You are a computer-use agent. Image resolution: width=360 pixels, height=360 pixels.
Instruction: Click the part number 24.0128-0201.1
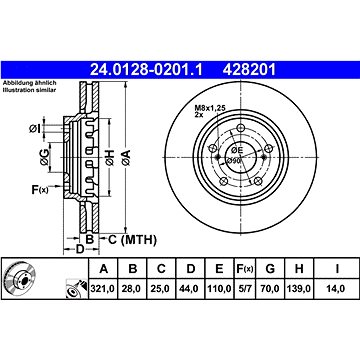pos(146,70)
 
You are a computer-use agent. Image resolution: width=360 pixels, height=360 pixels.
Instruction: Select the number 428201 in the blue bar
pos(250,70)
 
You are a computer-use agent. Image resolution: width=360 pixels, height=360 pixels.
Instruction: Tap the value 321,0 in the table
pos(103,288)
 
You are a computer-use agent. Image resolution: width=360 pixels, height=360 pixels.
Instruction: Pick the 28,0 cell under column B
pos(132,288)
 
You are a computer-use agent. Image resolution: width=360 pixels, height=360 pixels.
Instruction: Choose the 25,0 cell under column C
pos(161,288)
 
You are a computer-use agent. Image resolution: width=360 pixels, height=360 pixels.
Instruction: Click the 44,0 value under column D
pos(190,288)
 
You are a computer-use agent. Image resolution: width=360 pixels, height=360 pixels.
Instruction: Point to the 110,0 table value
pos(219,288)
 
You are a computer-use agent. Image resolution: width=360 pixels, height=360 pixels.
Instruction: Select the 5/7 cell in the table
pos(244,288)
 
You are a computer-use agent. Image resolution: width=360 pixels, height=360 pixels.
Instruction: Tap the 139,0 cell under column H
pos(299,288)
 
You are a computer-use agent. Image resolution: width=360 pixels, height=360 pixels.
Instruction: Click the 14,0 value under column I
pos(336,288)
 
